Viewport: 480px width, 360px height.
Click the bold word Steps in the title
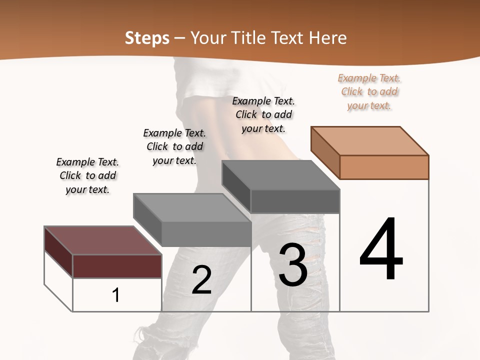coord(146,38)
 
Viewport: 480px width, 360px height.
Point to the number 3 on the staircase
coord(293,265)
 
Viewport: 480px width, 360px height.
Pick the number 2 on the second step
coord(201,279)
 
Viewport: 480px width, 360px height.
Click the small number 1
coord(116,295)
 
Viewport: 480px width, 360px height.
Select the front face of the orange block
coord(384,167)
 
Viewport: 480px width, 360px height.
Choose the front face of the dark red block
coord(117,266)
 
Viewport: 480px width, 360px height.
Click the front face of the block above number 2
coord(206,234)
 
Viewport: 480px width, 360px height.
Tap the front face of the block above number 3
coord(295,201)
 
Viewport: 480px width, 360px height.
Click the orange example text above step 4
coord(369,91)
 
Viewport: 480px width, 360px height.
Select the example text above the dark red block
coord(87,175)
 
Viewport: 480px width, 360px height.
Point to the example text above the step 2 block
coord(174,146)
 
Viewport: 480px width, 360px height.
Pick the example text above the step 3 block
coord(263,114)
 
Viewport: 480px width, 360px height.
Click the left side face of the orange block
coord(325,152)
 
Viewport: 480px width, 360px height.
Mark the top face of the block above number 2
coord(192,207)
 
